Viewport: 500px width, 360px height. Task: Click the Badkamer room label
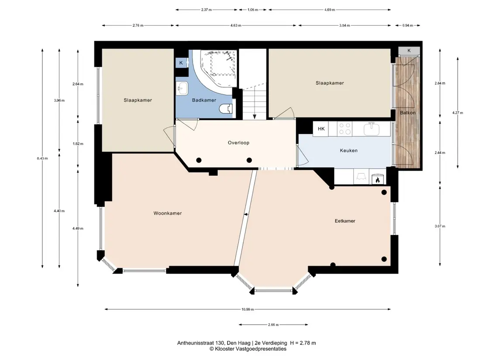(x=204, y=100)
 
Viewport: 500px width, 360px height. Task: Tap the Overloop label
(x=238, y=143)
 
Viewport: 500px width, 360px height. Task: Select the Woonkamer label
(x=168, y=213)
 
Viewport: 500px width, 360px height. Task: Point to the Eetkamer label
(x=345, y=221)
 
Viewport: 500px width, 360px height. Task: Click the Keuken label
(x=348, y=151)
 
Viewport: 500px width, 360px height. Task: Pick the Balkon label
(x=408, y=113)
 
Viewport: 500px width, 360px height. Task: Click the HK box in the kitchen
(x=321, y=129)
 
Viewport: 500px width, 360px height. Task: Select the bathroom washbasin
(x=183, y=88)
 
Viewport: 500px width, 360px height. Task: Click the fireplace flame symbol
(x=378, y=180)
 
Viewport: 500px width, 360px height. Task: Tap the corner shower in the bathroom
(x=219, y=67)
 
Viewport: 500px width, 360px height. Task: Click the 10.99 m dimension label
(x=248, y=309)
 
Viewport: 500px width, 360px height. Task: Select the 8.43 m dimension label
(x=42, y=158)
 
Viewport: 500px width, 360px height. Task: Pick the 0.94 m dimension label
(x=407, y=25)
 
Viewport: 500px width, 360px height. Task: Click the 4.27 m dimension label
(x=458, y=113)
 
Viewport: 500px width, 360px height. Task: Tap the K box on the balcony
(x=409, y=51)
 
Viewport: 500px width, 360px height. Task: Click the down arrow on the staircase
(x=255, y=116)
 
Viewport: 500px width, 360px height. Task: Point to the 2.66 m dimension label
(x=273, y=325)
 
